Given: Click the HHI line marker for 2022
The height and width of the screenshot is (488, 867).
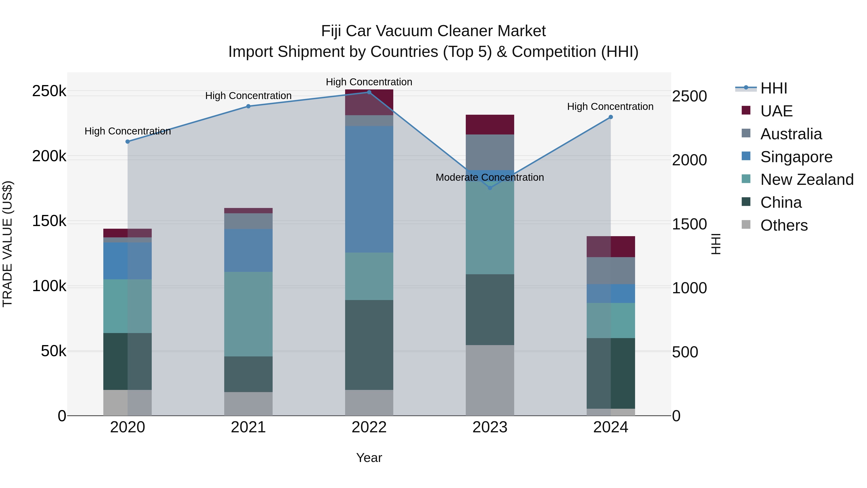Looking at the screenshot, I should (x=369, y=92).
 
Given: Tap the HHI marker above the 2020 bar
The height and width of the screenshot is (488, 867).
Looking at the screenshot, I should (x=128, y=142).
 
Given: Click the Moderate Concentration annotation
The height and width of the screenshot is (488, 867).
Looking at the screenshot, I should (x=490, y=177).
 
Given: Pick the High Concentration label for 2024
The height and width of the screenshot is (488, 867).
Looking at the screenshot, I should (x=610, y=107).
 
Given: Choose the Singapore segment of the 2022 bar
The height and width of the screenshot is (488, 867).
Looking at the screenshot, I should (x=369, y=189).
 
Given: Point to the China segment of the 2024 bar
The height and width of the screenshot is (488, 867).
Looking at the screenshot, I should (x=611, y=373).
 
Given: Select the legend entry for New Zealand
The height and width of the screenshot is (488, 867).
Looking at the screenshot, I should (x=807, y=180).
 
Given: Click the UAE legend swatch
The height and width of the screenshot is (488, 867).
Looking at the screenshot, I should (x=746, y=110).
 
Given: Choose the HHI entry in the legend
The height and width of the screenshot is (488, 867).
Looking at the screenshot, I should (x=773, y=88).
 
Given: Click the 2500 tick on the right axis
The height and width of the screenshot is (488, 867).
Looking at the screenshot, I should (x=689, y=96).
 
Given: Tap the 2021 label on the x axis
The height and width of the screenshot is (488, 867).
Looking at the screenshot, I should (x=248, y=427).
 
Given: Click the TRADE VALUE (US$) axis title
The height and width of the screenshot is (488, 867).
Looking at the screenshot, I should (x=7, y=244).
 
